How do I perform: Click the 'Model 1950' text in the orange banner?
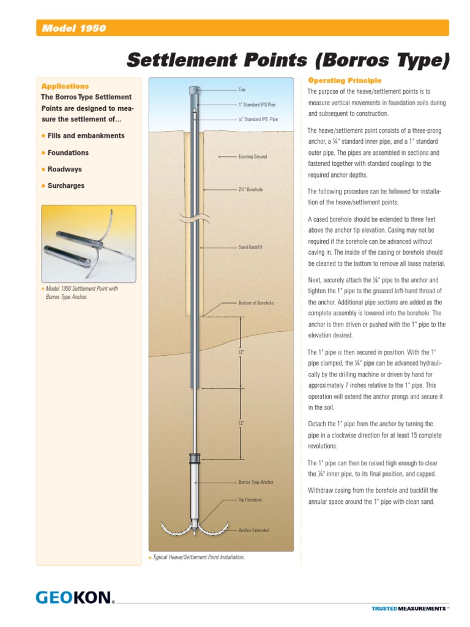click(73, 28)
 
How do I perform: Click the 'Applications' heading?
click(64, 86)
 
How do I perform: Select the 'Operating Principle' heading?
click(345, 80)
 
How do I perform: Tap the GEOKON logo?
click(75, 597)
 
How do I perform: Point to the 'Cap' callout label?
click(242, 89)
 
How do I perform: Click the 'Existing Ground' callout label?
click(252, 157)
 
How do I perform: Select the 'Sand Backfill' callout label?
click(250, 247)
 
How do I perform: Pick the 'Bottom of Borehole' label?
click(256, 303)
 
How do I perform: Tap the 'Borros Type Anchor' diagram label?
click(256, 482)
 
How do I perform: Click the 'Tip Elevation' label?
click(250, 500)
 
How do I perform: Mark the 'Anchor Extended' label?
click(253, 530)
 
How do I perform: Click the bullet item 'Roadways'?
click(64, 169)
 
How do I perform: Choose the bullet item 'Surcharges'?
click(66, 186)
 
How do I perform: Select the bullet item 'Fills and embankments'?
click(86, 135)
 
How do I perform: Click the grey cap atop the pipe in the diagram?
click(194, 90)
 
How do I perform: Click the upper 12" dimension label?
click(241, 353)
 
